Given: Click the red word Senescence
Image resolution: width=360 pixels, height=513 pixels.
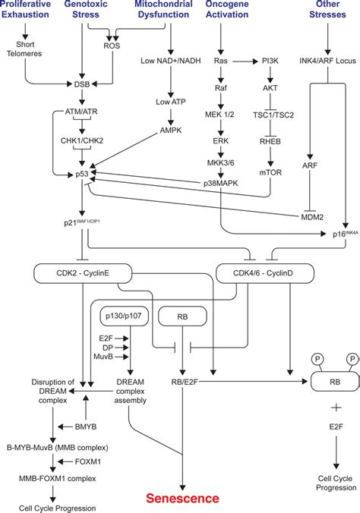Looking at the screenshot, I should click(182, 499).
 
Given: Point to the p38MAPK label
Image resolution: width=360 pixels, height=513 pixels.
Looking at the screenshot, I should click(220, 184).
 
